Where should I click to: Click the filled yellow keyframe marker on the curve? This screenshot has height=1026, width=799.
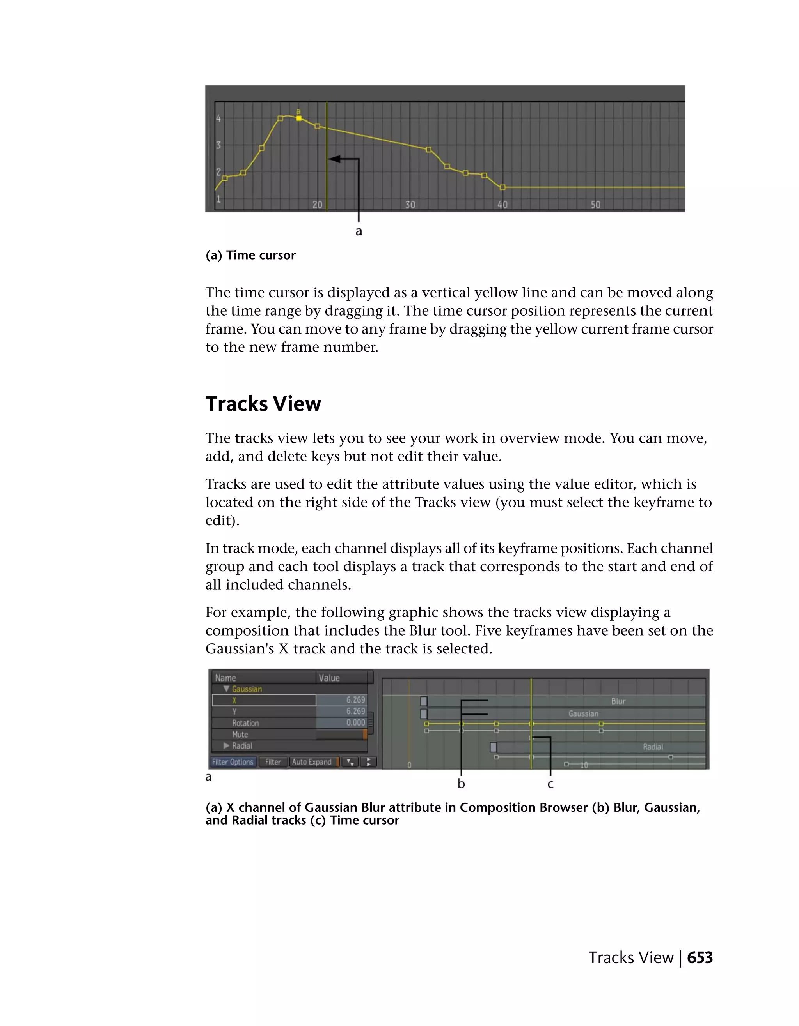click(298, 118)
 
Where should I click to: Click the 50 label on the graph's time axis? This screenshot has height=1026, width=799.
click(595, 205)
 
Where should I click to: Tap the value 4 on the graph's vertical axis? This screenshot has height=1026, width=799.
click(218, 118)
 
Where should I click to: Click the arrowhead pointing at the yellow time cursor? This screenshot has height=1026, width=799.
click(333, 159)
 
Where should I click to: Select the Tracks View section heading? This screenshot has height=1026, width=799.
click(263, 404)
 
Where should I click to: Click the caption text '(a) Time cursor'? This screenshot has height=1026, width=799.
click(250, 255)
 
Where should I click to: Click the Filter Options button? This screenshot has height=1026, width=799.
click(233, 762)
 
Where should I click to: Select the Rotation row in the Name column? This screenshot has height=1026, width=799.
click(245, 723)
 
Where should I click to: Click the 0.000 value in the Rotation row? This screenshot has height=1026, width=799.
click(355, 722)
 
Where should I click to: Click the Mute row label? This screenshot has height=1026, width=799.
click(240, 734)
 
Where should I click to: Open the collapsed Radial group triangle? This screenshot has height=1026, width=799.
click(226, 745)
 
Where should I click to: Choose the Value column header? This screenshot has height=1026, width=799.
click(329, 678)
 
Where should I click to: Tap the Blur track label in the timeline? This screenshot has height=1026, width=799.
click(618, 701)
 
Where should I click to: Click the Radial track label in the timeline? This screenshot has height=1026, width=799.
click(653, 747)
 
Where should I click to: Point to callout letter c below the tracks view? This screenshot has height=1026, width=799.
click(550, 784)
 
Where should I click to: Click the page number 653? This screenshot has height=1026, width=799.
click(700, 958)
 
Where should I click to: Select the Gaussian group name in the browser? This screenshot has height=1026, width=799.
click(247, 689)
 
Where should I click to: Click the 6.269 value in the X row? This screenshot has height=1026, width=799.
click(355, 700)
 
